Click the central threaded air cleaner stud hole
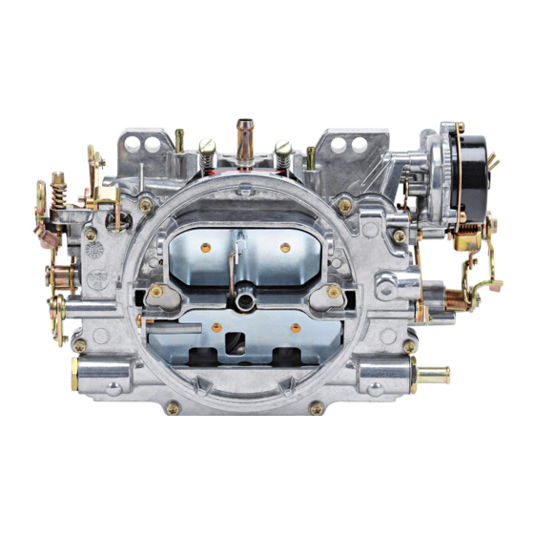[x=246, y=301]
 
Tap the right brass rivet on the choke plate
[x=284, y=247]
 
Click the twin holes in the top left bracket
[x=152, y=143]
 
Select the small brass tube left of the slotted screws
[x=178, y=141]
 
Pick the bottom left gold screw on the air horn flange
[x=173, y=408]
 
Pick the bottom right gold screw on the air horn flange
[x=317, y=408]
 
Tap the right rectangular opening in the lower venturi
[x=287, y=359]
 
